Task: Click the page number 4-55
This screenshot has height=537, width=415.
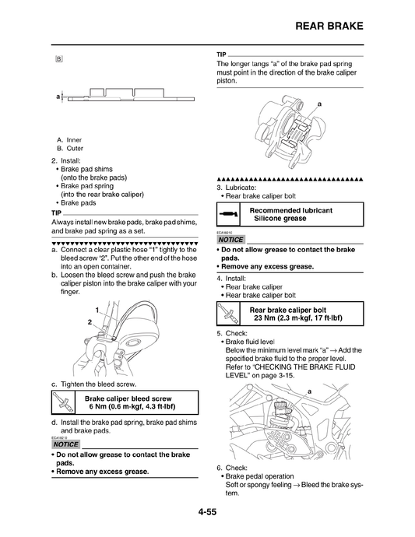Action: pos(207,512)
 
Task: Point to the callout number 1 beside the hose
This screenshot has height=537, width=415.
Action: pos(95,311)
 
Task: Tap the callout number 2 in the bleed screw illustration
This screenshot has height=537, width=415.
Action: pos(90,321)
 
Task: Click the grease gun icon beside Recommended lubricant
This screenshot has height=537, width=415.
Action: pos(228,214)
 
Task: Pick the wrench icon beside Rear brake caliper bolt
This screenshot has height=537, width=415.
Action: pos(227,313)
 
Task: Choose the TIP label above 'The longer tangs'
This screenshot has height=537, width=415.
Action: pos(221,54)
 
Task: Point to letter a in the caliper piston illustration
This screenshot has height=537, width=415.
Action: pos(319,104)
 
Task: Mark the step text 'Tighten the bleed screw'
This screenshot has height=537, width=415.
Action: pos(99,384)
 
